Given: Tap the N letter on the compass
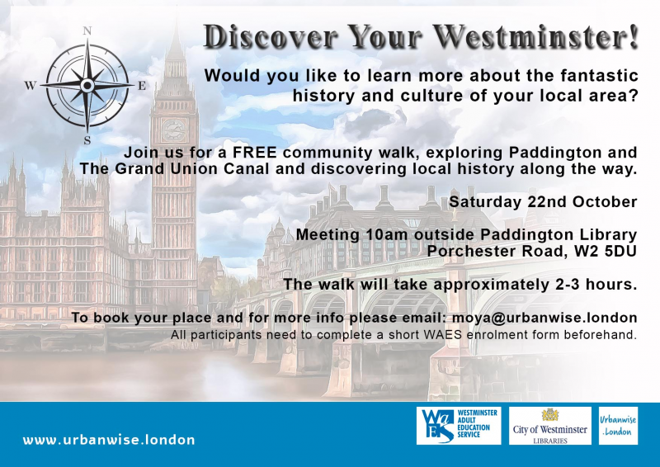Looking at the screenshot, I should pyautogui.click(x=87, y=31).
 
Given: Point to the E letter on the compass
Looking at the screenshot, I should pyautogui.click(x=141, y=86).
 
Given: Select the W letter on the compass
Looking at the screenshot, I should pyautogui.click(x=31, y=85).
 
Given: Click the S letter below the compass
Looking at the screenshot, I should pyautogui.click(x=87, y=140).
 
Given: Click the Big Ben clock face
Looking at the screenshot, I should pyautogui.click(x=174, y=130).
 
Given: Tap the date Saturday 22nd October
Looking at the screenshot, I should pyautogui.click(x=543, y=202).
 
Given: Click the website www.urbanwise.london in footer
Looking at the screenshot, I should pyautogui.click(x=109, y=440).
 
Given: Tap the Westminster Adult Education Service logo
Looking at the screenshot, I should pyautogui.click(x=459, y=426).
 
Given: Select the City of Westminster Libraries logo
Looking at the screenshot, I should pyautogui.click(x=550, y=426).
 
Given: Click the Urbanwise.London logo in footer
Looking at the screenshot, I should pyautogui.click(x=618, y=426).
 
